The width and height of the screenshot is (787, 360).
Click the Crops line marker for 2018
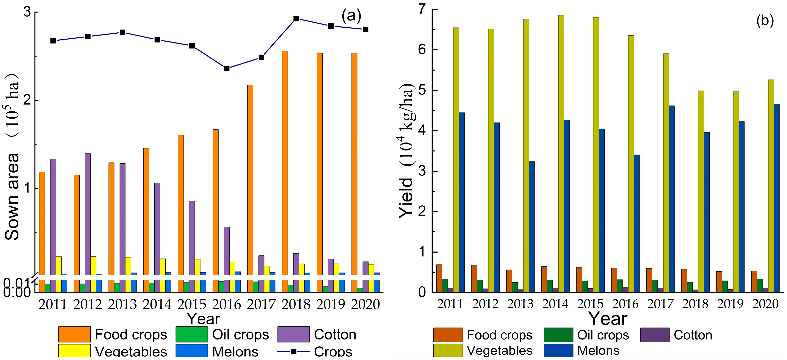point(296,19)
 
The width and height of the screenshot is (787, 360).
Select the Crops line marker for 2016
point(227,68)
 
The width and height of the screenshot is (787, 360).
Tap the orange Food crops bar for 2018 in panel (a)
point(285,162)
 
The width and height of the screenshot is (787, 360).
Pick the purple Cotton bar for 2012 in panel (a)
point(88,214)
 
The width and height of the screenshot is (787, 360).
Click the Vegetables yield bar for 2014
point(561,153)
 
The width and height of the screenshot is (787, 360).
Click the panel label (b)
point(765,21)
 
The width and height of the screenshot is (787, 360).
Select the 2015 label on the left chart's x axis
point(192,305)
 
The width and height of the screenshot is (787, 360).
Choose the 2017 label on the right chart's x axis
point(660,304)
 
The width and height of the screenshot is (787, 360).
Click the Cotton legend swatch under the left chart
point(293,334)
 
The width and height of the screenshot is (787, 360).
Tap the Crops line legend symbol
point(293,352)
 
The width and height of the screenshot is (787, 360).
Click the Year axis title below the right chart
point(608,319)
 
